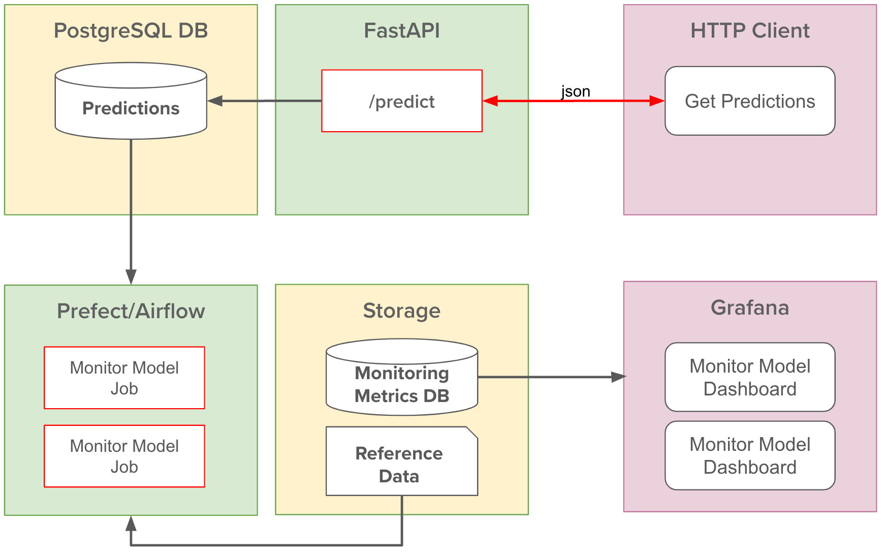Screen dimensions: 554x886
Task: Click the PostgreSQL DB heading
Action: click(x=131, y=31)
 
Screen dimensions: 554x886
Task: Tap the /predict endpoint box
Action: click(x=401, y=101)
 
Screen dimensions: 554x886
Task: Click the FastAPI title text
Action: click(x=401, y=31)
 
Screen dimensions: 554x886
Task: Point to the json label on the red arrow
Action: click(x=575, y=91)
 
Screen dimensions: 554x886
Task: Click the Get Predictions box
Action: click(x=749, y=101)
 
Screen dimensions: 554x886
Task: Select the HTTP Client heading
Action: click(x=749, y=31)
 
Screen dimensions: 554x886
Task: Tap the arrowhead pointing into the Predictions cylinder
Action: click(x=215, y=101)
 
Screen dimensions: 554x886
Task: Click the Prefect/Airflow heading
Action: click(x=131, y=311)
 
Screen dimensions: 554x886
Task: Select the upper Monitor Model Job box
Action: click(x=124, y=378)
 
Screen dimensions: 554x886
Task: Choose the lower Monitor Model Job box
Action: click(x=124, y=456)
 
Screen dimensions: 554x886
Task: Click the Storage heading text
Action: click(x=401, y=311)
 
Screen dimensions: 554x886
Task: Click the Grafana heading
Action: click(x=749, y=307)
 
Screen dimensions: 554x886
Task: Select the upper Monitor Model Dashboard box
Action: click(x=749, y=377)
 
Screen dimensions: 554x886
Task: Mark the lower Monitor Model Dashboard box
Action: click(x=749, y=455)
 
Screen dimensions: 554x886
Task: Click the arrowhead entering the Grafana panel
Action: click(x=618, y=377)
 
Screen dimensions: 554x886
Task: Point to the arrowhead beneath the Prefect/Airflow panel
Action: click(x=131, y=524)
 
